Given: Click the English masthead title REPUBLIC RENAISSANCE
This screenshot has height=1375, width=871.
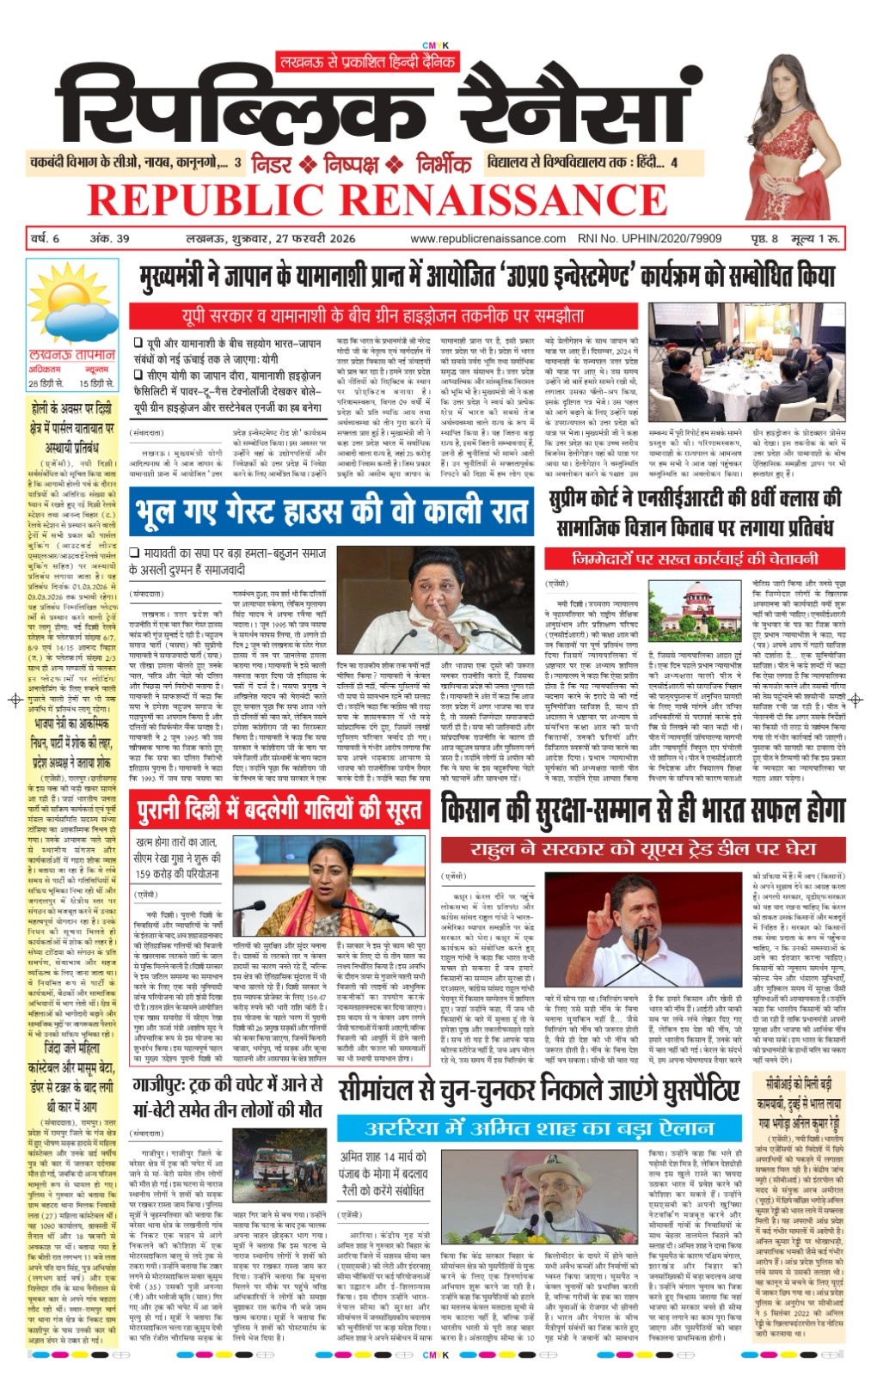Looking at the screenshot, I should click(x=377, y=201).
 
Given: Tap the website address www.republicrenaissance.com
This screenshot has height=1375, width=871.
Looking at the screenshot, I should click(x=488, y=239).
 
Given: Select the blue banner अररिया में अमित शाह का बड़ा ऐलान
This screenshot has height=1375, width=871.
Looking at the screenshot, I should click(x=539, y=1127).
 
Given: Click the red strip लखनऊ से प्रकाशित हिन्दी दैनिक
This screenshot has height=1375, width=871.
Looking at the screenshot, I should click(x=365, y=61).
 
